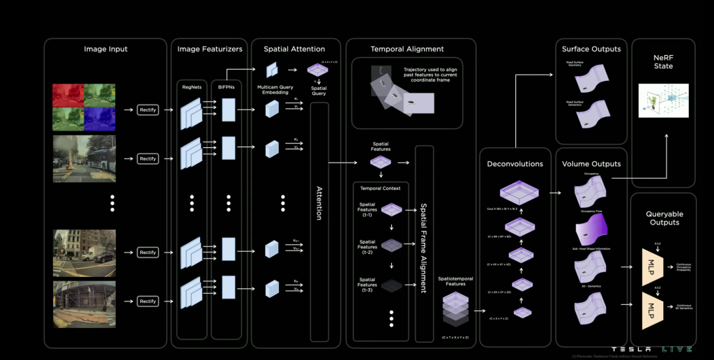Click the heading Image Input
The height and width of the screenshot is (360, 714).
coord(106,50)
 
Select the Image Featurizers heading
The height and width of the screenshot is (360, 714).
coord(209,50)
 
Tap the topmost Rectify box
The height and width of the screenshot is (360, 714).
coord(148,110)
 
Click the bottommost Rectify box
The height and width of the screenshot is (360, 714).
coord(148,301)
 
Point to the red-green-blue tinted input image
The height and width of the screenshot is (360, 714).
coord(84,108)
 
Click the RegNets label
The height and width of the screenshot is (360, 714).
coord(190,87)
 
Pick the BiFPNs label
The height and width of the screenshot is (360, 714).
coord(228,87)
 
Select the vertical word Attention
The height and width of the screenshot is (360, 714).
coord(319,203)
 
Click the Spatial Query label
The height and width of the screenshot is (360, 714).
coord(319,91)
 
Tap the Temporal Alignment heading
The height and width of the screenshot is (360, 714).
coord(407,50)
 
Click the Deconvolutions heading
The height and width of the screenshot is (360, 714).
coord(516,164)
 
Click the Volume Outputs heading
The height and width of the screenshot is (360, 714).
coord(591,164)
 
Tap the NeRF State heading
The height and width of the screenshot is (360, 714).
coord(663,61)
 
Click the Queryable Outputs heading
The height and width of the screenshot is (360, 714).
coord(664,218)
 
